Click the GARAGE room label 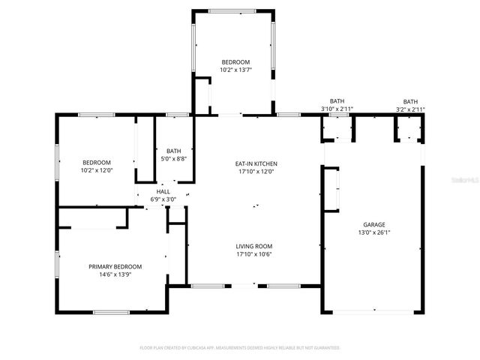(x=373, y=224)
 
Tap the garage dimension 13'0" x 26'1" (x=373, y=232)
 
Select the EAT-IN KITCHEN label (x=256, y=163)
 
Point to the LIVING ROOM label (x=254, y=246)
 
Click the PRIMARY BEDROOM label (x=115, y=266)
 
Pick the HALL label (x=163, y=191)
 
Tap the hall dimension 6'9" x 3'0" (x=163, y=199)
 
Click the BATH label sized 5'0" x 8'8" (x=173, y=150)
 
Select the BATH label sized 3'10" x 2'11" (x=337, y=101)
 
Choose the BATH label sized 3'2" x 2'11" (x=410, y=101)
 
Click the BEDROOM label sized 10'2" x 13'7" (x=235, y=61)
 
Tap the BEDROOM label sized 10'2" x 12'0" (x=97, y=163)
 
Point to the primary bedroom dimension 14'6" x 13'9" (x=115, y=274)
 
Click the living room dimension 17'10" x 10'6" (x=254, y=254)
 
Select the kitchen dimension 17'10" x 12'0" (x=256, y=172)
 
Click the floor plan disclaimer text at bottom (x=240, y=348)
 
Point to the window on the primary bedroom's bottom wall (x=111, y=312)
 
